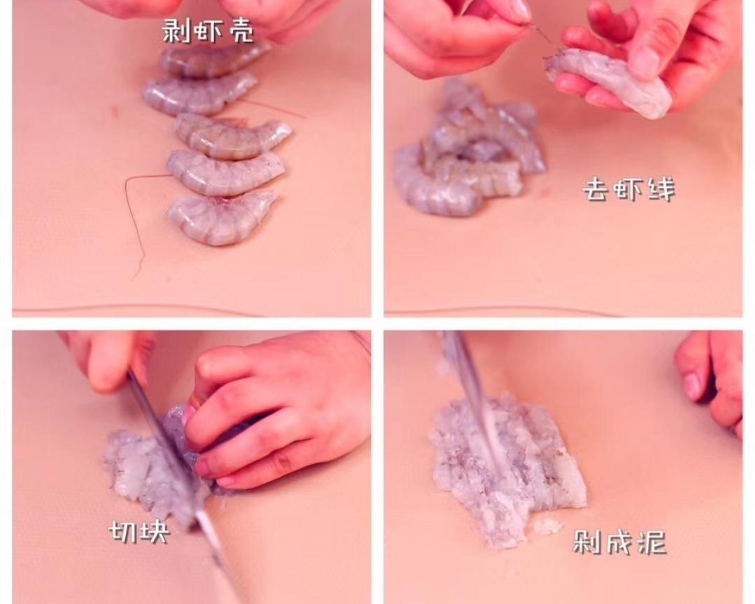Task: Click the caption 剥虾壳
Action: point(207,31)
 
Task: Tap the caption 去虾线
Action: point(629,189)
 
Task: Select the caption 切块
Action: point(138,531)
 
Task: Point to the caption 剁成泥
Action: point(619,542)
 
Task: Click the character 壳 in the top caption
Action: point(239,31)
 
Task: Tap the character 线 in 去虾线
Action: point(661,189)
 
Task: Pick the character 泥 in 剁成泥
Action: point(652,542)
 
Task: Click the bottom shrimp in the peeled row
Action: point(222,217)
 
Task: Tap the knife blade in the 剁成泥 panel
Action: point(474,395)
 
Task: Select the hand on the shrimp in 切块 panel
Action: point(275,415)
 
